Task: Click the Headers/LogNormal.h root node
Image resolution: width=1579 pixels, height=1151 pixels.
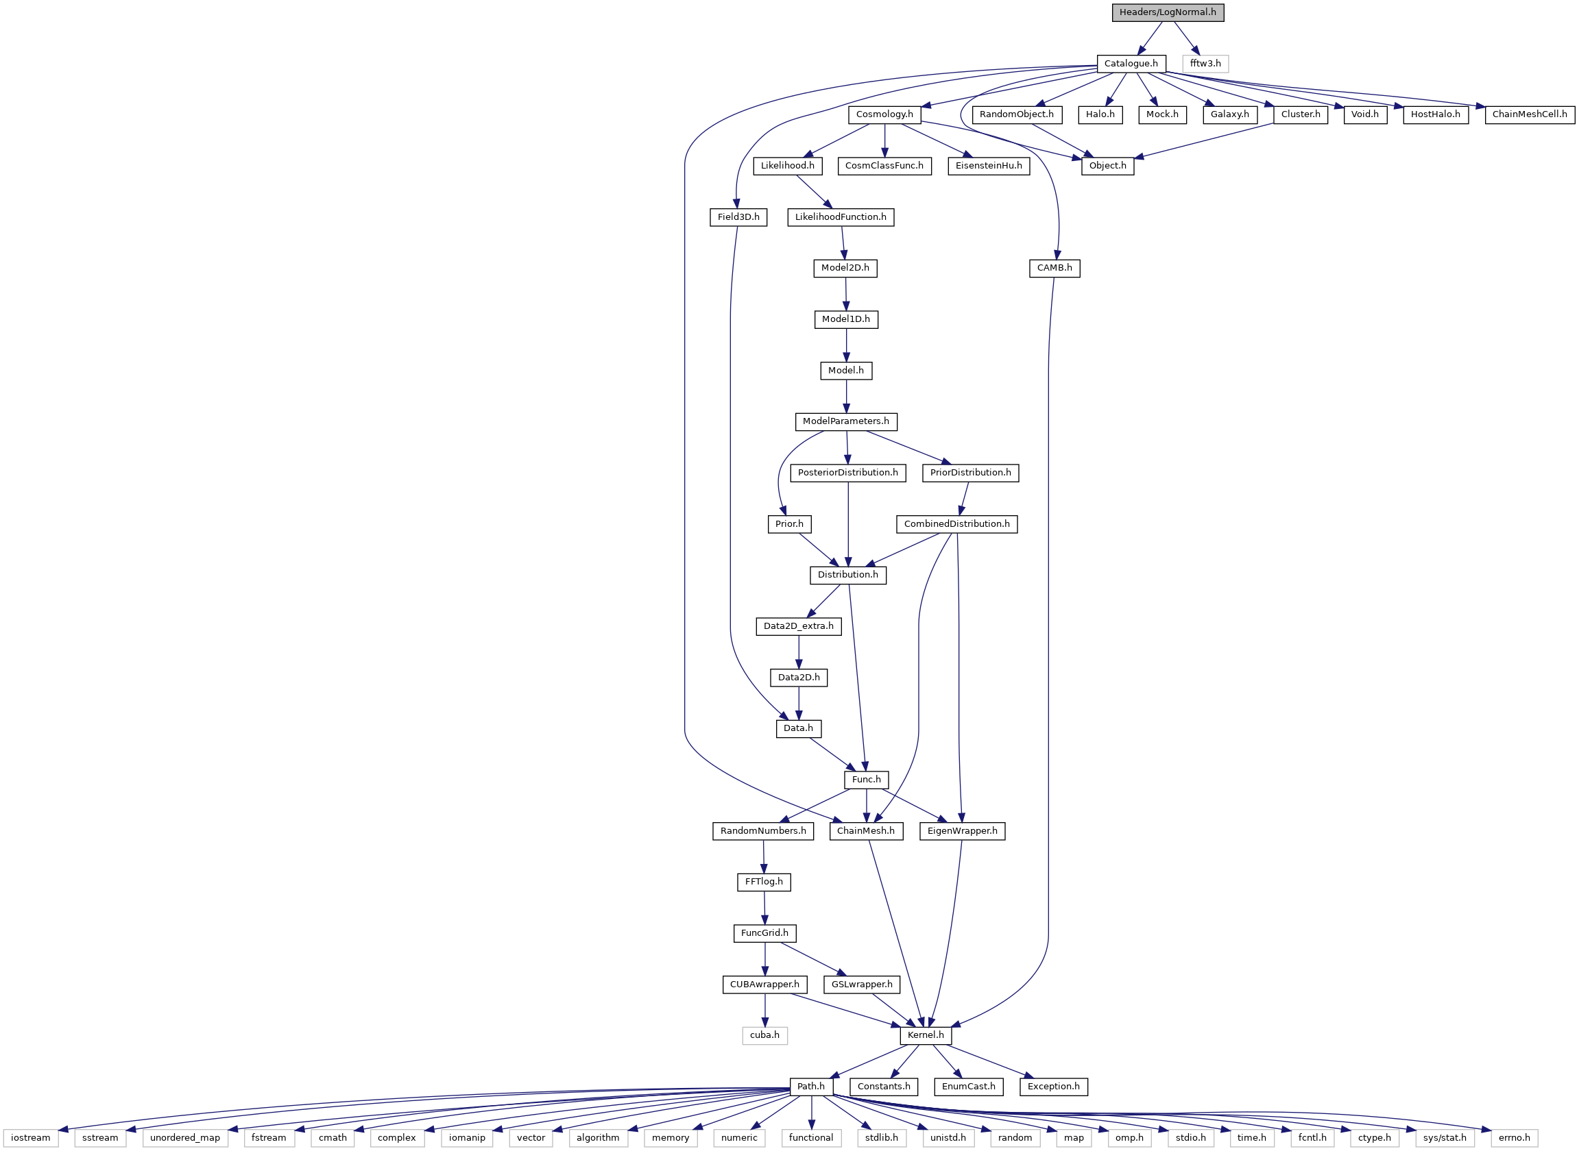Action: coord(1168,12)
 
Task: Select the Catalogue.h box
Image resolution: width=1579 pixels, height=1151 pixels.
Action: coord(1131,64)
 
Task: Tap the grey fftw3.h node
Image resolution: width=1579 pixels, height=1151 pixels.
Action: coord(1205,64)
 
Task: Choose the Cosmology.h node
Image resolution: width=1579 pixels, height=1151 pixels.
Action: coord(884,114)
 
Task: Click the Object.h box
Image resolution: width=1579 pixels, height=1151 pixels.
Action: coord(1108,166)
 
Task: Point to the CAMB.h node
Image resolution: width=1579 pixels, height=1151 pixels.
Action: coord(1054,268)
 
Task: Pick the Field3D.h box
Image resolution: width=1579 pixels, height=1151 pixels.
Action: coord(739,216)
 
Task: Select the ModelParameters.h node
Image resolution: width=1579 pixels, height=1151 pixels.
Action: coord(845,421)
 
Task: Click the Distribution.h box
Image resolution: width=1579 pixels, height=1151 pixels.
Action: coord(847,575)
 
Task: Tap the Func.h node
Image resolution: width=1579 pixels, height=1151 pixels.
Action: coord(867,780)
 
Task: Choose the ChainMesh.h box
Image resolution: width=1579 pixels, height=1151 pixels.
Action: coord(866,830)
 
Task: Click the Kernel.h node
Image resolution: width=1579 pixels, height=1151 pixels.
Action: coord(926,1035)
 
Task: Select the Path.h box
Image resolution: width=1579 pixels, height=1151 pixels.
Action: coord(811,1086)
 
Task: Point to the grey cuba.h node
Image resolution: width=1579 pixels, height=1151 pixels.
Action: coord(764,1035)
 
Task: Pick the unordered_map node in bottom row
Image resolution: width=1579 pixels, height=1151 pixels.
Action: coord(185,1138)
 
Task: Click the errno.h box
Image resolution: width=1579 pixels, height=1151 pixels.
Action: coord(1514,1138)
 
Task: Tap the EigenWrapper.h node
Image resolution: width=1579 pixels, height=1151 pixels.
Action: coord(962,830)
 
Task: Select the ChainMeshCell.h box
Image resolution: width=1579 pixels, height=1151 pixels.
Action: coord(1530,114)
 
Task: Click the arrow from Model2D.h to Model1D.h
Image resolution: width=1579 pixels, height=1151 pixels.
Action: coord(845,293)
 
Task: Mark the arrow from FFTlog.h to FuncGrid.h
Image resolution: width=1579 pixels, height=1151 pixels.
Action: coord(764,907)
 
